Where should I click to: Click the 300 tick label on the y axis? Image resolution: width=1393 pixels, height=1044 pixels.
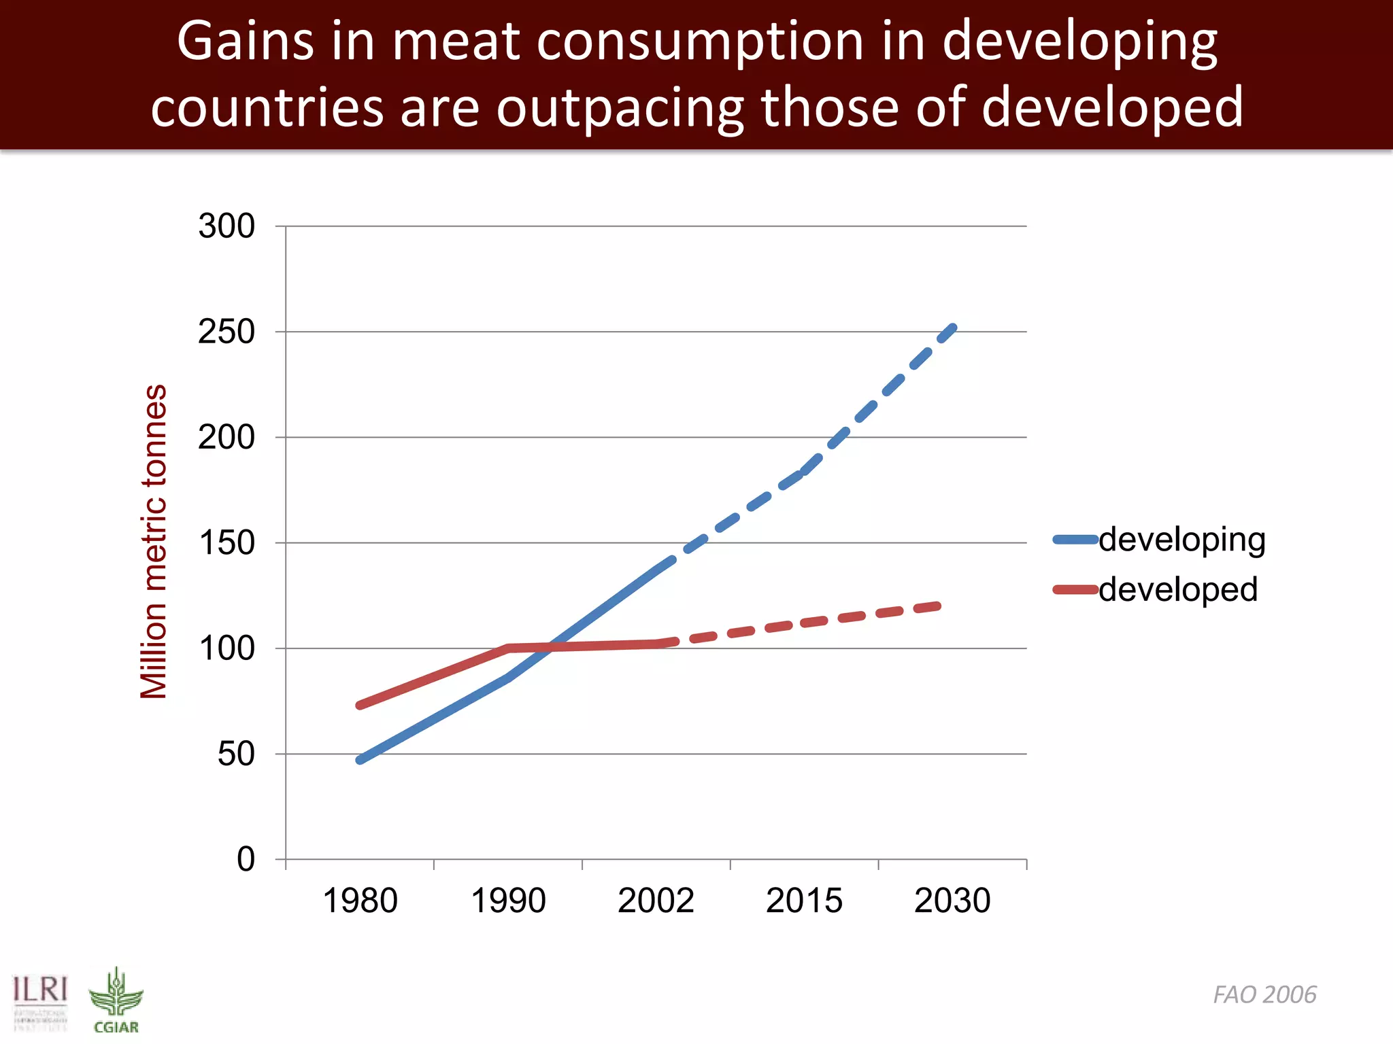click(x=226, y=226)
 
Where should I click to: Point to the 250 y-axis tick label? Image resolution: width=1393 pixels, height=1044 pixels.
click(x=226, y=332)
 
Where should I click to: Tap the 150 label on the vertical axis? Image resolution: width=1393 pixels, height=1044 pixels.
click(x=226, y=543)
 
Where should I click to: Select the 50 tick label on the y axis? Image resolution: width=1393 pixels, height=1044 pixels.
click(x=235, y=754)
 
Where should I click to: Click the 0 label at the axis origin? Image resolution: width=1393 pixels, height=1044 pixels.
click(x=246, y=860)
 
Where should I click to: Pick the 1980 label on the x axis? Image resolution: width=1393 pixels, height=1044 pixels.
click(x=360, y=901)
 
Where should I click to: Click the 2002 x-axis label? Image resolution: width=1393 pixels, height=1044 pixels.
click(x=656, y=901)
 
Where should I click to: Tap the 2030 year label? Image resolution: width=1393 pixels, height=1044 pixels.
click(x=952, y=901)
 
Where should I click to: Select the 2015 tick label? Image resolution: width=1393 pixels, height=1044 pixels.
click(x=804, y=901)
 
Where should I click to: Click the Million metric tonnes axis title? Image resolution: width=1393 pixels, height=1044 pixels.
click(x=154, y=542)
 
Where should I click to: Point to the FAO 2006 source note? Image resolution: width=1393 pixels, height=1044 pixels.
click(x=1264, y=994)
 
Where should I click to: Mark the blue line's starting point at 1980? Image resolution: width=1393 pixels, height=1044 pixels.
click(x=360, y=760)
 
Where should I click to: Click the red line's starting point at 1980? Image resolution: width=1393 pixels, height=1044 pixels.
click(x=360, y=706)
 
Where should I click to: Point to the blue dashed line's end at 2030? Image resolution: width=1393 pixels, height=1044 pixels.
click(x=954, y=328)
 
